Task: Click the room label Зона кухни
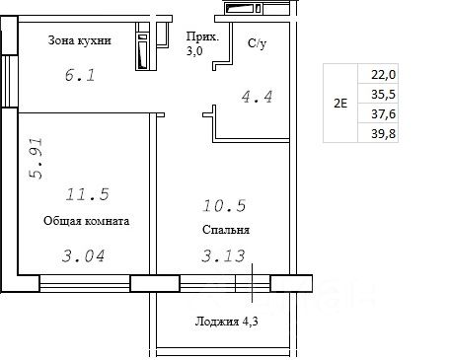pyautogui.click(x=79, y=40)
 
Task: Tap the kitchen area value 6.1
pyautogui.click(x=80, y=75)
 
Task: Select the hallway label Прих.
pyautogui.click(x=202, y=36)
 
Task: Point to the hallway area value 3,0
pyautogui.click(x=194, y=51)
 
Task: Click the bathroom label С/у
pyautogui.click(x=257, y=43)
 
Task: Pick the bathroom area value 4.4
pyautogui.click(x=257, y=97)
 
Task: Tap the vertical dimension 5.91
pyautogui.click(x=36, y=159)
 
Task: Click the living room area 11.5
pyautogui.click(x=87, y=194)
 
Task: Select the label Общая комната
pyautogui.click(x=86, y=221)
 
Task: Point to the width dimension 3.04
pyautogui.click(x=84, y=256)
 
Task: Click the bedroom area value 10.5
pyautogui.click(x=224, y=206)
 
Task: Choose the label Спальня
pyautogui.click(x=226, y=230)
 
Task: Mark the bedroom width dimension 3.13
pyautogui.click(x=223, y=256)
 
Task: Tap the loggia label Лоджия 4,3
pyautogui.click(x=226, y=322)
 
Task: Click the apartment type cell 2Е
pyautogui.click(x=340, y=104)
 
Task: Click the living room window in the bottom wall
pyautogui.click(x=85, y=283)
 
